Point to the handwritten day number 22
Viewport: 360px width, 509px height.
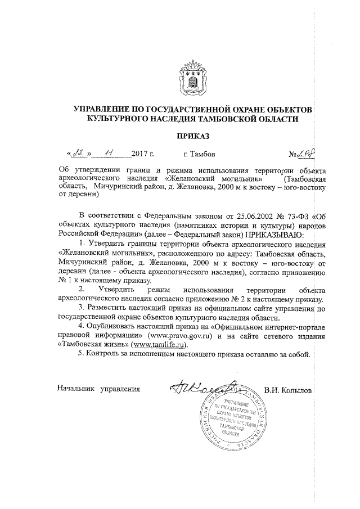[x=79, y=152]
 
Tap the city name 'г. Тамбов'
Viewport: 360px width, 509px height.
[x=199, y=154]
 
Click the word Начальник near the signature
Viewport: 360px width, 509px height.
[x=76, y=389]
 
